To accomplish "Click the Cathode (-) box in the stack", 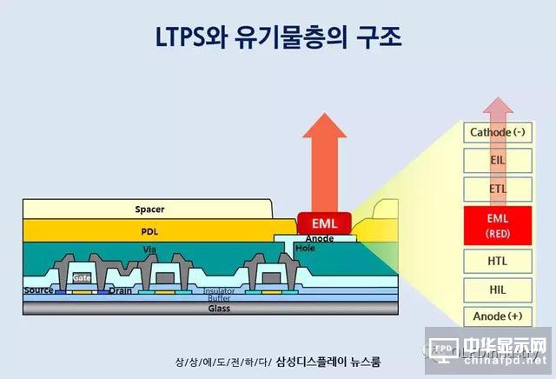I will pyautogui.click(x=498, y=133).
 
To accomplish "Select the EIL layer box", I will pyautogui.click(x=498, y=160).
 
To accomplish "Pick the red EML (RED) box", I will pyautogui.click(x=498, y=223).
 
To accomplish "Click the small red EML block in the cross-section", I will pyautogui.click(x=323, y=223).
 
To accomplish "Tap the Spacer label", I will pyautogui.click(x=149, y=209).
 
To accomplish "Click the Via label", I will pyautogui.click(x=149, y=248).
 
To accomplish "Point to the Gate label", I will pyautogui.click(x=82, y=277).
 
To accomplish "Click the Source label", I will pyautogui.click(x=39, y=290).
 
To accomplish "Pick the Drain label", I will pyautogui.click(x=121, y=290).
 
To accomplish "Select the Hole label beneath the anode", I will pyautogui.click(x=304, y=248).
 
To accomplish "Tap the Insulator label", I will pyautogui.click(x=219, y=291).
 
